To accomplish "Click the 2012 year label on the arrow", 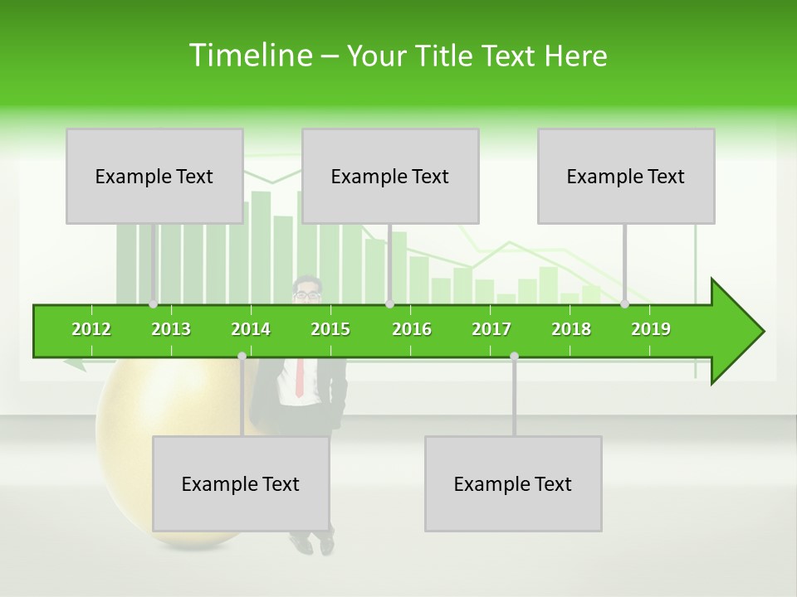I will click(x=91, y=329).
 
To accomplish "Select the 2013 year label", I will click(x=171, y=329).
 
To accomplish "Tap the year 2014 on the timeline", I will click(x=251, y=329).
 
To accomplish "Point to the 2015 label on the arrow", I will click(x=330, y=329).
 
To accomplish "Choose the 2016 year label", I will click(x=412, y=329).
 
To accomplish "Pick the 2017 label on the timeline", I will click(x=491, y=329).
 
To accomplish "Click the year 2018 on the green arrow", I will click(x=571, y=329).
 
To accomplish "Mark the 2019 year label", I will click(x=651, y=329).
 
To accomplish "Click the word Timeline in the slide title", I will click(x=249, y=56).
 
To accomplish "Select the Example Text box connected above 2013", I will click(x=154, y=176).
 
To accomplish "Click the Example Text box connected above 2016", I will click(x=390, y=176).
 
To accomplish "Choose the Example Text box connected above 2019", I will click(x=626, y=176).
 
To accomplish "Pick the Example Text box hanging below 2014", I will click(x=241, y=483).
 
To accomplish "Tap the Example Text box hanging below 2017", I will click(x=513, y=483).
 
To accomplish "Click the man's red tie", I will click(x=300, y=378).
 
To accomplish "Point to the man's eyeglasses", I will click(x=306, y=294).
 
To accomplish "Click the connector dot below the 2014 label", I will click(x=242, y=356).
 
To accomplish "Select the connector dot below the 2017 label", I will click(x=514, y=356).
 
